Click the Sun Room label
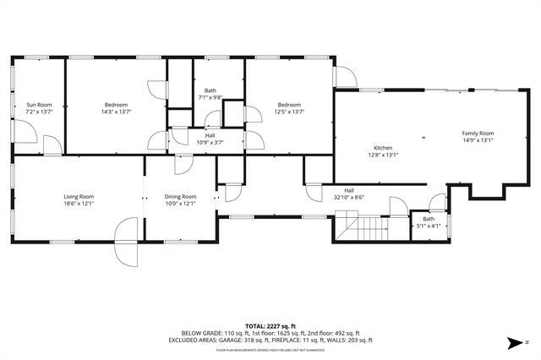(x=38, y=104)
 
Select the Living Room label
(x=78, y=196)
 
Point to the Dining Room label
(x=180, y=196)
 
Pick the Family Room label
(x=478, y=134)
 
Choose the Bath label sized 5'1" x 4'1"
(x=429, y=219)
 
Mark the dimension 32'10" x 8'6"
(x=348, y=198)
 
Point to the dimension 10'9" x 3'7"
(x=210, y=142)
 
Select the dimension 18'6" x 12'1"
(x=78, y=204)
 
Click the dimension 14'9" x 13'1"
(x=478, y=141)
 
